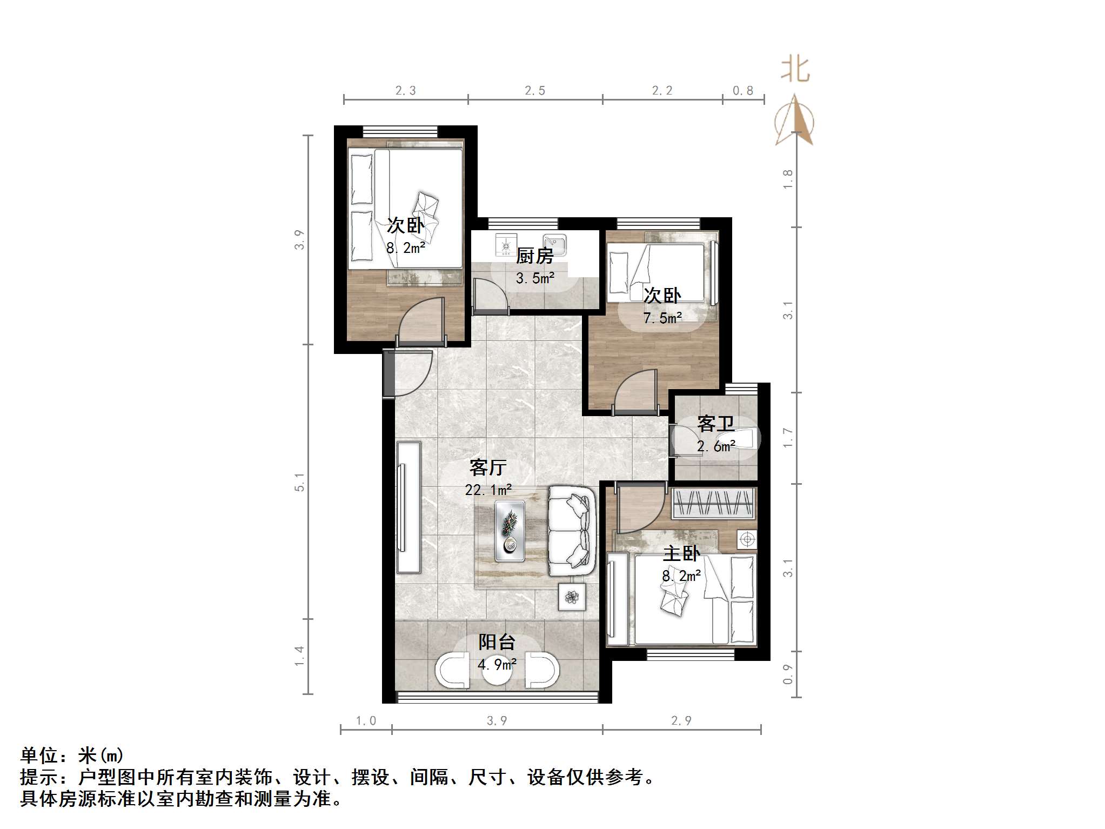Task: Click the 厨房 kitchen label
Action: (534, 256)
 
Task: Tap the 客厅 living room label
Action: (488, 467)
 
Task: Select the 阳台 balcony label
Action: (497, 642)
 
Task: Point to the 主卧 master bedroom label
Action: (681, 554)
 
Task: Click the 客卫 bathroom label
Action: (716, 424)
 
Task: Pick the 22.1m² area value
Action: (488, 490)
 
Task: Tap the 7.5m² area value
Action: (662, 318)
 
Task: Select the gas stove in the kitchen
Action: (506, 245)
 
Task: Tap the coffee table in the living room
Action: (510, 531)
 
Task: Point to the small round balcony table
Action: (497, 670)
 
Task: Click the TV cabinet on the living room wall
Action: (408, 507)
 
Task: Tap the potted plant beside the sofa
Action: (572, 597)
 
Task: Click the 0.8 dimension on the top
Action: (743, 91)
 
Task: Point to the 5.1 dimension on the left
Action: (299, 482)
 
